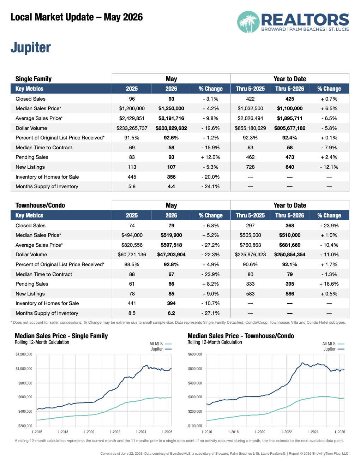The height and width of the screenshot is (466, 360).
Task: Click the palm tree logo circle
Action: click(x=248, y=22)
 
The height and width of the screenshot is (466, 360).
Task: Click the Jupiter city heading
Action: click(x=31, y=47)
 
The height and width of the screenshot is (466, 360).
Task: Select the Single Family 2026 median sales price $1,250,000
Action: click(x=171, y=108)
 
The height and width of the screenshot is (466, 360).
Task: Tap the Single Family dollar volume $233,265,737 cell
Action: click(x=132, y=128)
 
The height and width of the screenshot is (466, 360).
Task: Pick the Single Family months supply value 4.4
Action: click(x=171, y=186)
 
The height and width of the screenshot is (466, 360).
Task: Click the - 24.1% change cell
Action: click(x=211, y=186)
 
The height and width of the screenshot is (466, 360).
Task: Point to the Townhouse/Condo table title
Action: click(x=40, y=205)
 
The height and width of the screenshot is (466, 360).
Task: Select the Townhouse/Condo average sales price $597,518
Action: click(x=171, y=245)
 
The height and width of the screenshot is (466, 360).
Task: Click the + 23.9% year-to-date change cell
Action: click(x=329, y=226)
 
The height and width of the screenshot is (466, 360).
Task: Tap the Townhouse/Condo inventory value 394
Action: click(x=171, y=304)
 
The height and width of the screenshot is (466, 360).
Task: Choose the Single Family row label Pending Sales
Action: click(x=32, y=157)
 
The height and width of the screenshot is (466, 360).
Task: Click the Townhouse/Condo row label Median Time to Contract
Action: click(x=44, y=274)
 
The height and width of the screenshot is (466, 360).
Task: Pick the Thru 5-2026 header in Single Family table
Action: click(x=290, y=89)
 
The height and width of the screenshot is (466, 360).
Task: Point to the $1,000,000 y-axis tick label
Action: click(x=24, y=369)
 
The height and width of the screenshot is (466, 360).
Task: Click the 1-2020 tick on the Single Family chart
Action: click(x=89, y=432)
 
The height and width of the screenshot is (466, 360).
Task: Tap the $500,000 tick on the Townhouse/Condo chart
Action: click(x=195, y=369)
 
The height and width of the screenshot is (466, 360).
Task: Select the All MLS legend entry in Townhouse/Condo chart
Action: click(x=333, y=344)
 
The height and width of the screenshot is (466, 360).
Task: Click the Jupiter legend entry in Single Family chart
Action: click(x=161, y=349)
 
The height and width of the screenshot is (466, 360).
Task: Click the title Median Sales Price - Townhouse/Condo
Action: click(x=241, y=336)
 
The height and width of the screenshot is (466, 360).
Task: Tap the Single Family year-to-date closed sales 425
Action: click(x=290, y=99)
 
